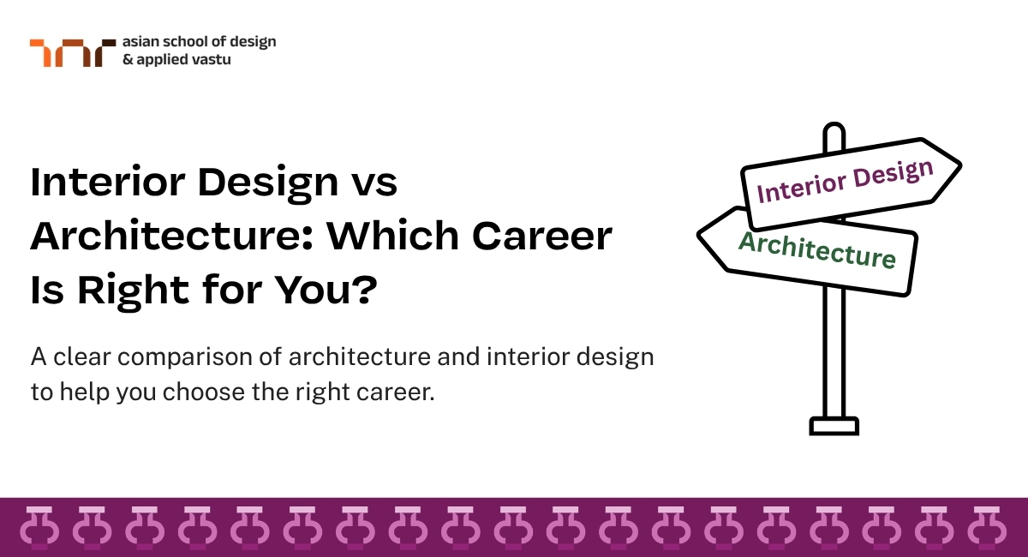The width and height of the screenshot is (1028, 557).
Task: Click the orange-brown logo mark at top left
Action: pos(73,53)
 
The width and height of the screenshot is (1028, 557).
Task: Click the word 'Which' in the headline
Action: pos(392,235)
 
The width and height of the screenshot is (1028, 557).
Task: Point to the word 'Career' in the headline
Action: pos(542,236)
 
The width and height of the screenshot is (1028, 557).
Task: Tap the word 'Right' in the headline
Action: pos(133,292)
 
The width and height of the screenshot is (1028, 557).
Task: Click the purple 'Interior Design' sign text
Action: pos(845,182)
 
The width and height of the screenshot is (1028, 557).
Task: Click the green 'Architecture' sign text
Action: pos(817,250)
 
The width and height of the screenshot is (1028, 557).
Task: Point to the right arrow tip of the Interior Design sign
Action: pos(960,165)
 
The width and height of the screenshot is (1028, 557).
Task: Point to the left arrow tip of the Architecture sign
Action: pos(698,235)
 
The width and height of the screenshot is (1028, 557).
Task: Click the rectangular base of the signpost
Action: pos(834,426)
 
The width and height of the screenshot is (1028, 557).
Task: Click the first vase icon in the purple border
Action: pos(40,528)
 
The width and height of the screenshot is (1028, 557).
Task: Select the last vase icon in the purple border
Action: pos(987,528)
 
